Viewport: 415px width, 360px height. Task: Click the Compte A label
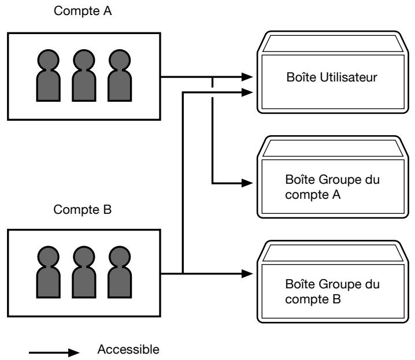point(83,11)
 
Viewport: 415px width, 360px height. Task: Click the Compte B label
point(83,210)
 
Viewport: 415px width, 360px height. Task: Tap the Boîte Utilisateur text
point(332,77)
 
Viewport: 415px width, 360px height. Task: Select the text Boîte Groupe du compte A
point(332,187)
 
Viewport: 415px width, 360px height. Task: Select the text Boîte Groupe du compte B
point(332,291)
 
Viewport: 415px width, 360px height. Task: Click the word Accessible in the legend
point(128,350)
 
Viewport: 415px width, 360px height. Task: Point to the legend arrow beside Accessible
point(54,352)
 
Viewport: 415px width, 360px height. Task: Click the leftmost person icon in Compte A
point(48,75)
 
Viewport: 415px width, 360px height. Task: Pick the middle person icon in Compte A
point(84,75)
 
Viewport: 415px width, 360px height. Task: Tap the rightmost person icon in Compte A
point(120,75)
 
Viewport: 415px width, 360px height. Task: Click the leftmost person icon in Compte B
point(48,272)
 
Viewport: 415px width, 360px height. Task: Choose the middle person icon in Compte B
point(84,272)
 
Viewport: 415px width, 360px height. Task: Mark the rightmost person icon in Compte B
point(120,272)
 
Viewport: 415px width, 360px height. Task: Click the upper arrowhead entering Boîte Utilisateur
point(247,77)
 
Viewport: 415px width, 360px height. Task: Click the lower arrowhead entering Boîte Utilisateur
point(247,92)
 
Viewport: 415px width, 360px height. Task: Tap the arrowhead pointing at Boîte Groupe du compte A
point(247,183)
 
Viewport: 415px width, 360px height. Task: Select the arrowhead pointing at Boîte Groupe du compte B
point(247,273)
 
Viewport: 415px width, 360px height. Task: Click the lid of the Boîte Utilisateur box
point(333,44)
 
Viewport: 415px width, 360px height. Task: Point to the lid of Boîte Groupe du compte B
point(333,253)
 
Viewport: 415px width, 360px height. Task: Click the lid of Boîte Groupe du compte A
point(333,149)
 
